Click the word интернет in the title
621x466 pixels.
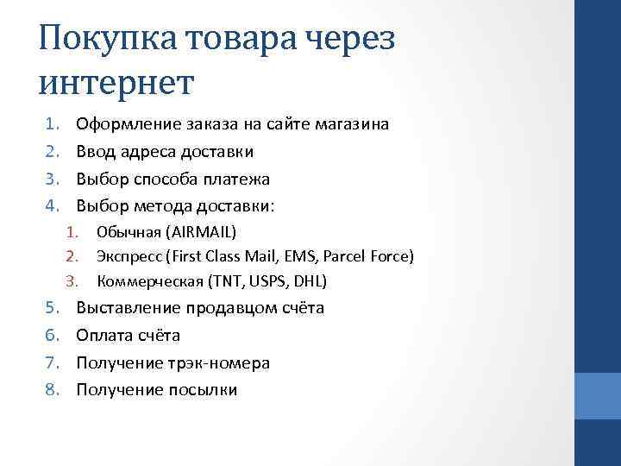click(117, 83)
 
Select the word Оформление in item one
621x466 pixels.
click(129, 124)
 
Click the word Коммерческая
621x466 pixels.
click(143, 281)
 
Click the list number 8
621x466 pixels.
click(51, 391)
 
